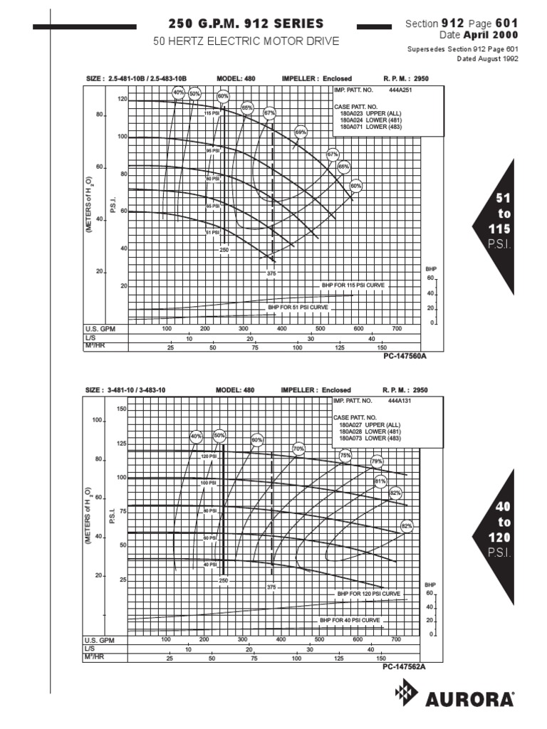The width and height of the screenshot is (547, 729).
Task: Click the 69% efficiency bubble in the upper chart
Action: click(x=301, y=132)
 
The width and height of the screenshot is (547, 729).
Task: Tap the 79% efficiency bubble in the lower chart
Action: click(x=377, y=461)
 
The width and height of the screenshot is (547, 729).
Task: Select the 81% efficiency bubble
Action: click(x=380, y=481)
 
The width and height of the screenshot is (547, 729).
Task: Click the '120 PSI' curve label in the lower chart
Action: click(x=209, y=456)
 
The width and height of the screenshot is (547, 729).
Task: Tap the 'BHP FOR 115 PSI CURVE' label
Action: click(x=354, y=284)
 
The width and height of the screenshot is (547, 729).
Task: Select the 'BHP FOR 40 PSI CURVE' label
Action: click(x=351, y=621)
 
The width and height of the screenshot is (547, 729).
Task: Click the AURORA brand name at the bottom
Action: click(x=470, y=699)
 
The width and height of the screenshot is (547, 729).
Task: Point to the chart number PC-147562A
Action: click(x=404, y=667)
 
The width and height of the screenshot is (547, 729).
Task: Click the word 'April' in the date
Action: click(x=478, y=35)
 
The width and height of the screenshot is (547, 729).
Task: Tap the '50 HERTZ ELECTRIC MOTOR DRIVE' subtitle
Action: click(x=246, y=42)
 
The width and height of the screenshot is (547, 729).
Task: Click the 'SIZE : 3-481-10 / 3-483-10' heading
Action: click(x=125, y=390)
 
